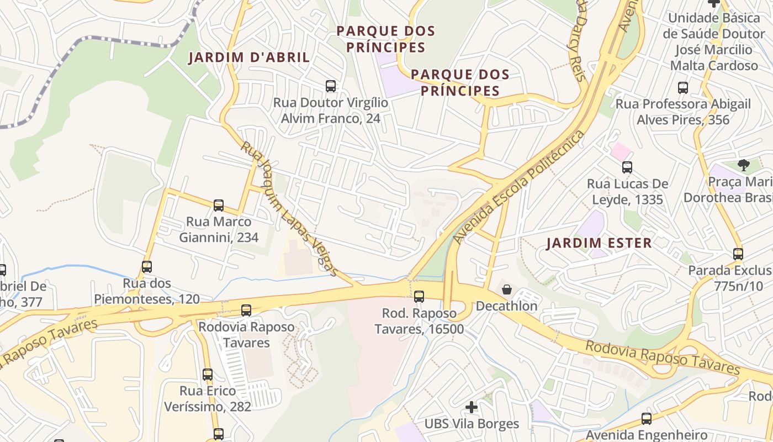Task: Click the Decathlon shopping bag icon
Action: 506,290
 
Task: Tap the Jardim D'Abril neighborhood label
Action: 249,57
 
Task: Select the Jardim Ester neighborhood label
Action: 599,243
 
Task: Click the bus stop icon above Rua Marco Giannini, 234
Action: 219,206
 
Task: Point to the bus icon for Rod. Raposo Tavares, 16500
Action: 419,297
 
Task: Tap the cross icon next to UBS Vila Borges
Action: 471,407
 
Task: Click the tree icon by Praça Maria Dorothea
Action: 744,165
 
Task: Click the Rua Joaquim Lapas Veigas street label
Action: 289,209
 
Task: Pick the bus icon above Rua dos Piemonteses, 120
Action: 146,267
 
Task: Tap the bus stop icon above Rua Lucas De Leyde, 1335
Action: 627,167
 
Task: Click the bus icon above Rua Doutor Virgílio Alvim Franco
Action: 331,86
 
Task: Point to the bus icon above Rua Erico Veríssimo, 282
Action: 208,375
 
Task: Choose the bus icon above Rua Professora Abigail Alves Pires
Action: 683,87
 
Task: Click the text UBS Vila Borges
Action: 472,424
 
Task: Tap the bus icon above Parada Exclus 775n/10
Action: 738,254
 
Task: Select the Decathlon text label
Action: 506,306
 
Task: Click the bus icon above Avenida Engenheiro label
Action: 647,419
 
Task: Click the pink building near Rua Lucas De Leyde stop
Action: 621,151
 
